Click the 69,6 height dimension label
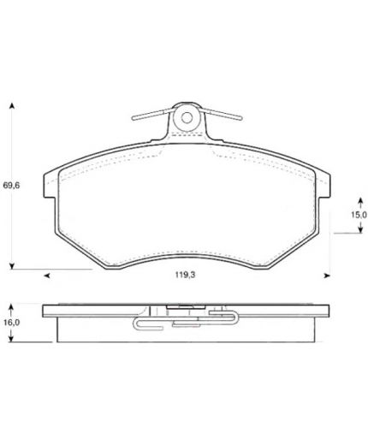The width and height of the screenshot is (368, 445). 11,186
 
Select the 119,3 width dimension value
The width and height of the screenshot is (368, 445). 185,275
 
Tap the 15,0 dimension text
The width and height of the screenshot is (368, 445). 359,215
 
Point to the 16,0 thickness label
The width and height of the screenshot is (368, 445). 11,323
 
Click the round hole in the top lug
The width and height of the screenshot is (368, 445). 187,117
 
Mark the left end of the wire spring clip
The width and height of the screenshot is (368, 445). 134,117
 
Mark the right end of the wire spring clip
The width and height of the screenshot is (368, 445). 240,117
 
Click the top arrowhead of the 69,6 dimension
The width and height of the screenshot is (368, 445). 12,105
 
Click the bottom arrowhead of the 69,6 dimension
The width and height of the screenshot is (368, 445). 12,266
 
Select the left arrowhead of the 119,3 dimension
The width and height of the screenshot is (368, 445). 47,276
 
